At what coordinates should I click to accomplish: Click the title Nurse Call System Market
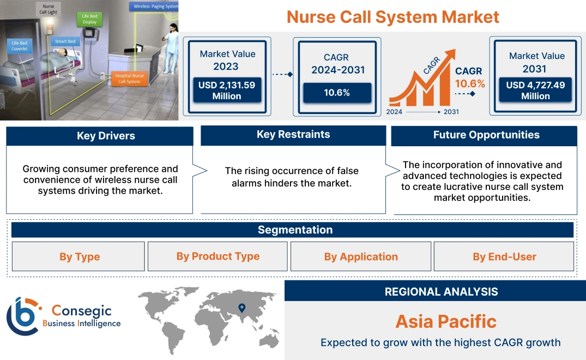[x=392, y=17]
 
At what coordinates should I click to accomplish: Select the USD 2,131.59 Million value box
[x=226, y=91]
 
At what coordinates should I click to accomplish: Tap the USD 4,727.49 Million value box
[x=535, y=91]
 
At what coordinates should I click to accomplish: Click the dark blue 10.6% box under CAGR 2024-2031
[x=337, y=93]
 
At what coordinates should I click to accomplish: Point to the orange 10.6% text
[x=470, y=83]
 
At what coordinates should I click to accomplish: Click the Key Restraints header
[x=293, y=135]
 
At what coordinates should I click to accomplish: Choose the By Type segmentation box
[x=79, y=256]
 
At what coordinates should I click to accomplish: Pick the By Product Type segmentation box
[x=218, y=256]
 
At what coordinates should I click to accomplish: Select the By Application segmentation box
[x=361, y=256]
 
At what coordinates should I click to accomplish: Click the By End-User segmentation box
[x=504, y=256]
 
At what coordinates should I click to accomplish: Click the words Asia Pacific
[x=445, y=321]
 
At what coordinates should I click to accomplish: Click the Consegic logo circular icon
[x=22, y=316]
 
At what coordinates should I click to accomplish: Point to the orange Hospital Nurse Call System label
[x=129, y=79]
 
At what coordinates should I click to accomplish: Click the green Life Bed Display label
[x=89, y=19]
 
